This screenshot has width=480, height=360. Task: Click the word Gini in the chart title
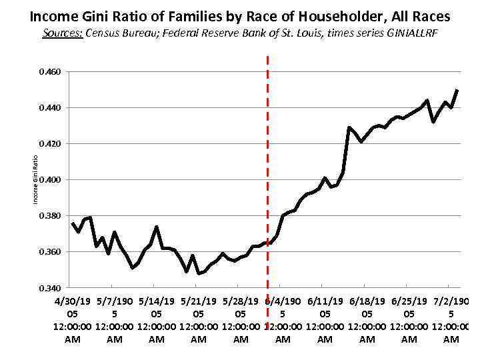coord(95,15)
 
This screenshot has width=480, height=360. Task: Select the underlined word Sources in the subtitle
coord(62,34)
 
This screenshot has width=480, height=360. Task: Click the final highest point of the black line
coord(457,90)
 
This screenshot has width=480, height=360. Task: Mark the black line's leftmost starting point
coord(73,223)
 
